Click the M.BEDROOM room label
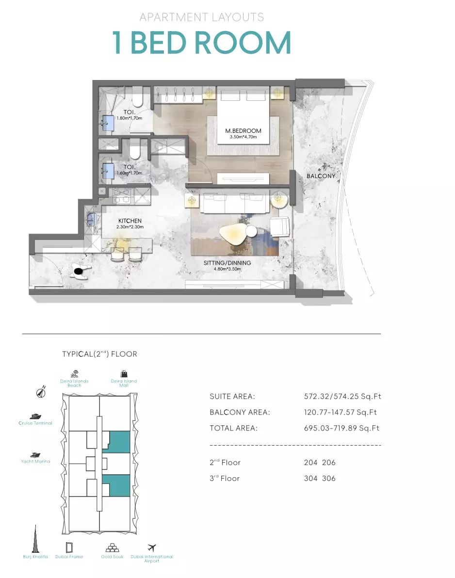click(x=243, y=131)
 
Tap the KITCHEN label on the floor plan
click(x=130, y=221)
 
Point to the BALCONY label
click(x=321, y=176)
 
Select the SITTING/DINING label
click(x=227, y=263)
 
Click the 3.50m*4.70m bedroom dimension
click(x=244, y=137)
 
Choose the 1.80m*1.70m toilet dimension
click(x=130, y=118)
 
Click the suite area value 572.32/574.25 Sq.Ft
click(x=342, y=397)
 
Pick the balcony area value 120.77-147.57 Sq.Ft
click(x=341, y=413)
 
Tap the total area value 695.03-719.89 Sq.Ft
click(x=342, y=428)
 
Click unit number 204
click(x=310, y=463)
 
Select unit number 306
click(x=328, y=479)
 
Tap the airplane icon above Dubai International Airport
click(x=151, y=548)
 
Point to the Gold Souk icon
click(x=112, y=548)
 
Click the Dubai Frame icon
click(x=69, y=547)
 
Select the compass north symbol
click(x=41, y=392)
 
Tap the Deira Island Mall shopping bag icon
click(x=124, y=374)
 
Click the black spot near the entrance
click(x=79, y=272)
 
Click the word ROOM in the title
click(x=243, y=43)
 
